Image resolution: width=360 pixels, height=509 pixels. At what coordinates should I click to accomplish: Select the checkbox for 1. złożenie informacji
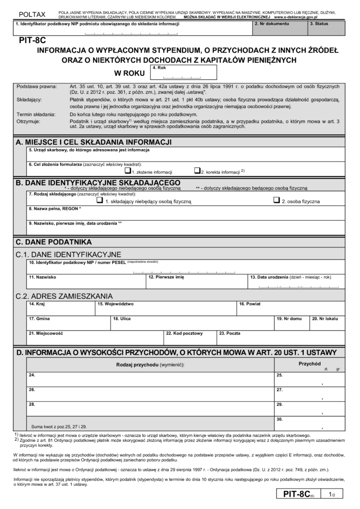(127, 170)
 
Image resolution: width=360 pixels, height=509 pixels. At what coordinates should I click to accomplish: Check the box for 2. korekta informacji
(197, 170)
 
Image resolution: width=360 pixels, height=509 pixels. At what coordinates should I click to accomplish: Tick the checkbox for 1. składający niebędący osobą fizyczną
(99, 200)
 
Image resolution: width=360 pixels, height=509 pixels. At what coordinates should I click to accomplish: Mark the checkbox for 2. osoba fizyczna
(277, 200)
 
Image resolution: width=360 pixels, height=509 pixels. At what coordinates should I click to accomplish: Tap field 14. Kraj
(60, 308)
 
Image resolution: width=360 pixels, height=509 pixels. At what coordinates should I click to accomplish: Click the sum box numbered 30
(303, 423)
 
